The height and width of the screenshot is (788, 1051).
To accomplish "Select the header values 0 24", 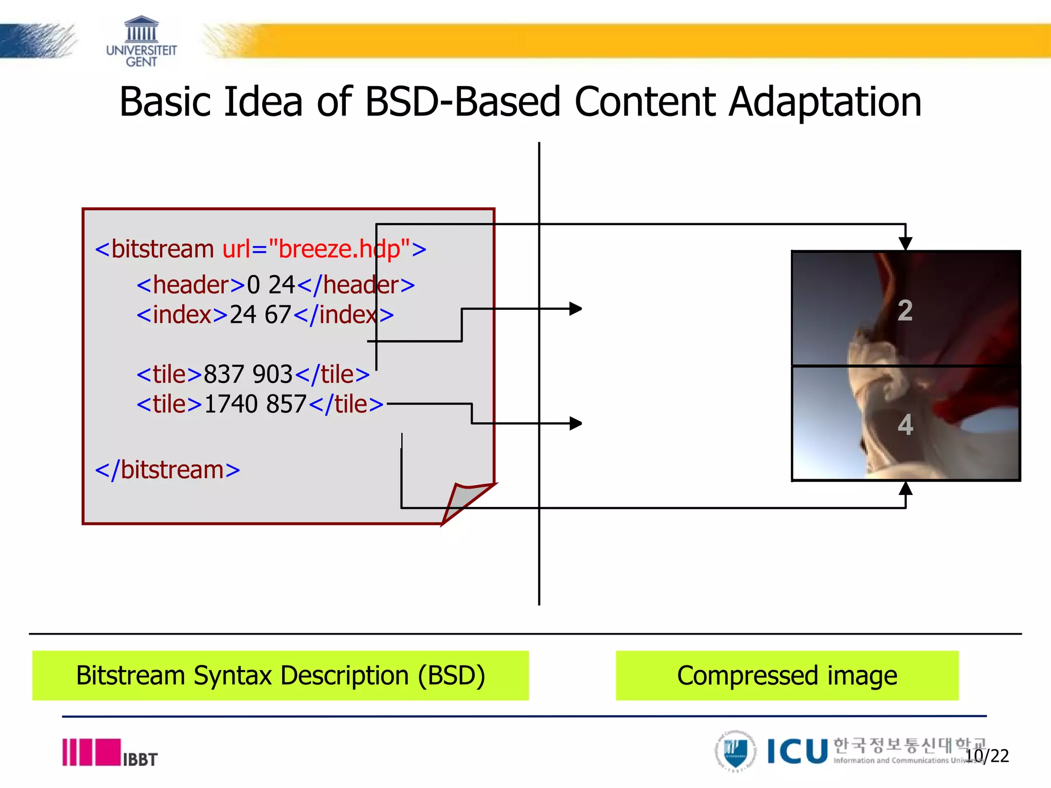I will [271, 285].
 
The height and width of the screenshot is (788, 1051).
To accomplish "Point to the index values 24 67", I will [260, 315].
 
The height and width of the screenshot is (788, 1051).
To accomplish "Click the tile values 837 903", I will [248, 375].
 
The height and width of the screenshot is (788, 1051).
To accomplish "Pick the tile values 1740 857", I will [255, 404].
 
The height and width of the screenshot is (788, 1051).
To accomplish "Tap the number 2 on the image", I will [905, 311].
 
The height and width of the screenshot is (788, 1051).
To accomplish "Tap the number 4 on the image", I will [905, 425].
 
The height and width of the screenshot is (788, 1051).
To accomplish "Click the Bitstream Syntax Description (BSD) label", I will [280, 676].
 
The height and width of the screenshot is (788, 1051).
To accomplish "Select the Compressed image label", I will [787, 676].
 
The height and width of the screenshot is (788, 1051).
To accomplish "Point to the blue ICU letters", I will [797, 752].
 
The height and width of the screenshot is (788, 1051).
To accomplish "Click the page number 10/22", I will [987, 756].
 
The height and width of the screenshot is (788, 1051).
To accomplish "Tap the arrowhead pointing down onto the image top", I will [906, 243].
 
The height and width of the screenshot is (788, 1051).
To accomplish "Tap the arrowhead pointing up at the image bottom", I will [906, 488].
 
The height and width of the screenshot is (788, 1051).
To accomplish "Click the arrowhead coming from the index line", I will [576, 309].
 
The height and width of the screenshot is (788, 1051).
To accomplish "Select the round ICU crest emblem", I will [735, 752].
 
